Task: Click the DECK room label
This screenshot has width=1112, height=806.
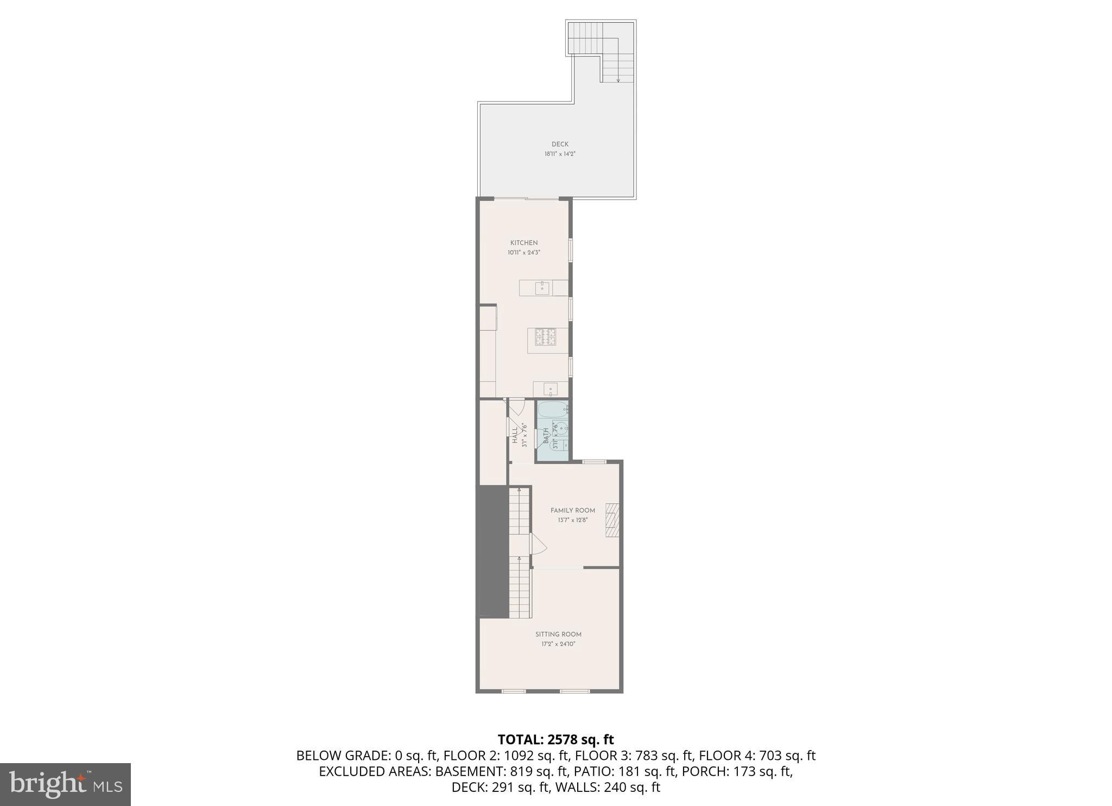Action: (560, 144)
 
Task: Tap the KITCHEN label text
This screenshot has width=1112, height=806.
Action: (524, 243)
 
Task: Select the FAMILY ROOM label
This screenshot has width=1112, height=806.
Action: (573, 510)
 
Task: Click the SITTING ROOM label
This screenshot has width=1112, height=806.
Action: (558, 634)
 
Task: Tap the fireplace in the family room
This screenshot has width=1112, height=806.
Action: (612, 520)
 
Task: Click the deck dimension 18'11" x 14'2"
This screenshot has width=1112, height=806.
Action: (560, 154)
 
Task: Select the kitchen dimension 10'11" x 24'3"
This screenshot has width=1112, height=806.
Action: (524, 253)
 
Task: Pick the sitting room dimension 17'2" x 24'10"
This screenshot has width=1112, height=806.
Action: (558, 644)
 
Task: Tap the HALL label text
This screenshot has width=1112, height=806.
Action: (515, 435)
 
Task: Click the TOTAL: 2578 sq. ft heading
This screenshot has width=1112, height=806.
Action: (555, 740)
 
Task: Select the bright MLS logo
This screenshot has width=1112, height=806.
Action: (65, 784)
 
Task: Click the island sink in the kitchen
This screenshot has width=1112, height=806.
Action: (542, 288)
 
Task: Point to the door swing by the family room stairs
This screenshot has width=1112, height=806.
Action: (538, 544)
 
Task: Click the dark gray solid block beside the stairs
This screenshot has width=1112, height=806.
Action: (492, 551)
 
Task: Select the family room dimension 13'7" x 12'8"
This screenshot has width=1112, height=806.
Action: (573, 520)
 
